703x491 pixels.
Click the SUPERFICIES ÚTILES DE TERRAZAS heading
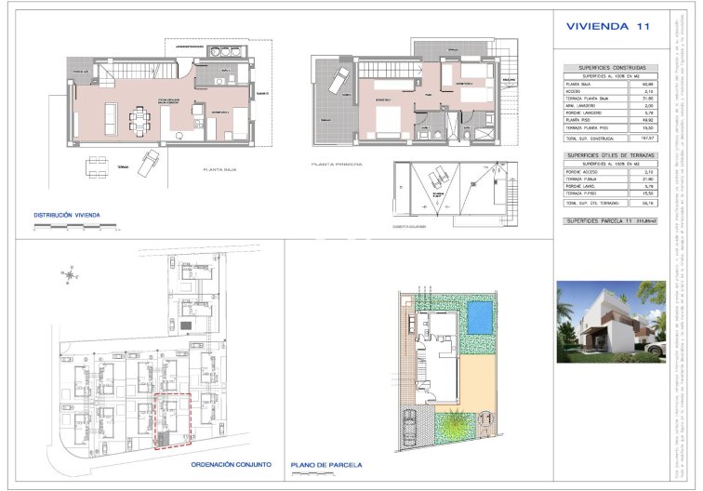610,155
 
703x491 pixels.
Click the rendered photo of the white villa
610,321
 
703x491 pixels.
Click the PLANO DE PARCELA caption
326,464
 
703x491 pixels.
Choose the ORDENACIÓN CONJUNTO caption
231,463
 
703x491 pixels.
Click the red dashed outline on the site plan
171,421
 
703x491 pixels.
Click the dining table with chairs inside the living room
141,116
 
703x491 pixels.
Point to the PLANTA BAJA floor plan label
224,170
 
